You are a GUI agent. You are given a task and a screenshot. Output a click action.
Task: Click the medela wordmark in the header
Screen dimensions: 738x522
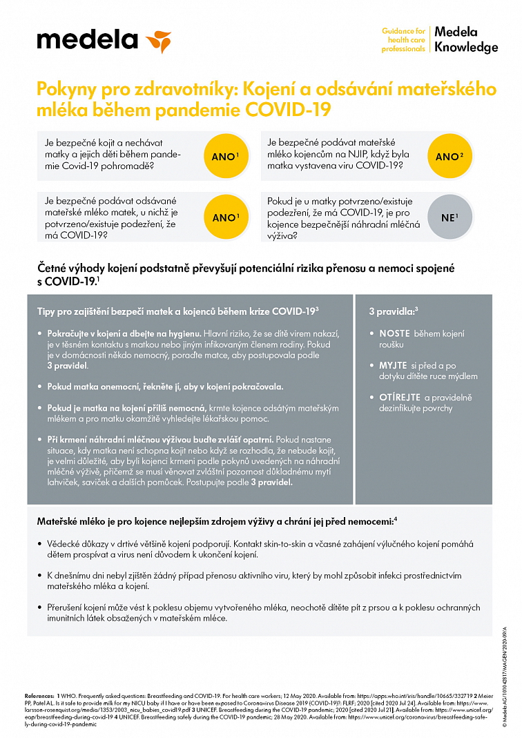pos(87,40)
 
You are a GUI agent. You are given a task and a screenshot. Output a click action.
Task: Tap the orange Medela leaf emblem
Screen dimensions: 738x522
pos(158,41)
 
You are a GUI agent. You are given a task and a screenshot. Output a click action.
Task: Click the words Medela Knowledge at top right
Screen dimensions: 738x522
pos(465,40)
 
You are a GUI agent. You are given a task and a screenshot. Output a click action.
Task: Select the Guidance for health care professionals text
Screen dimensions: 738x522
pos(403,40)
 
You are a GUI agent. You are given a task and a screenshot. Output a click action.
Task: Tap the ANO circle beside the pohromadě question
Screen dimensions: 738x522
pos(223,157)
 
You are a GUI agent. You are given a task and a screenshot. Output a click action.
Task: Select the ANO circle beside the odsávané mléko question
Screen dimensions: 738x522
pos(223,217)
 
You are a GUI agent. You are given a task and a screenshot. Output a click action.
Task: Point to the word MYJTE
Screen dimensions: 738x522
pos(393,365)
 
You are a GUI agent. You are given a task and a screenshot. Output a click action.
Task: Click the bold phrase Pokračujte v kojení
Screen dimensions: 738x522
pos(85,333)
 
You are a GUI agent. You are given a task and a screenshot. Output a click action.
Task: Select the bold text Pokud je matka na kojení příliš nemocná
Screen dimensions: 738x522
pos(126,408)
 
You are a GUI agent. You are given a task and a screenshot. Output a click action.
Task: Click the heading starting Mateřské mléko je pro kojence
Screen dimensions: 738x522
pos(214,520)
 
